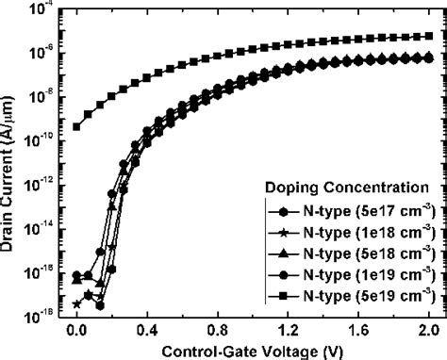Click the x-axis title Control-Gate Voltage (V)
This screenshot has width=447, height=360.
pos(252,348)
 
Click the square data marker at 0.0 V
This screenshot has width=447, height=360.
pos(76,125)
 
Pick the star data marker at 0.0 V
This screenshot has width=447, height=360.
pos(75,303)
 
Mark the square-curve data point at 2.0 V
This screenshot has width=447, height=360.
pos(430,36)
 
